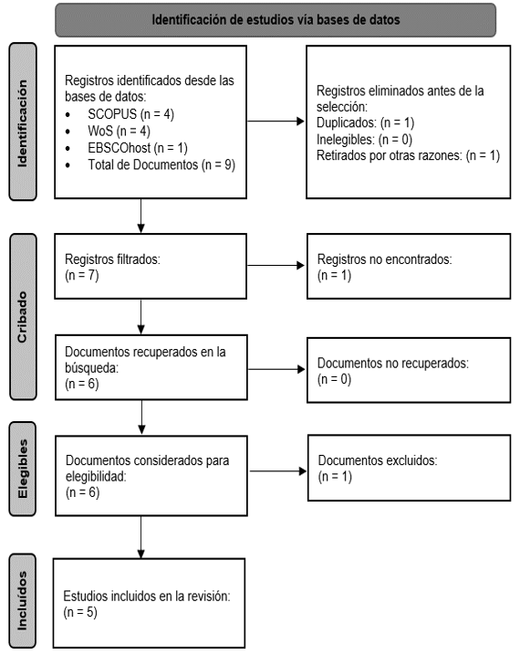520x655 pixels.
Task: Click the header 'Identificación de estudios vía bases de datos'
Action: click(276, 19)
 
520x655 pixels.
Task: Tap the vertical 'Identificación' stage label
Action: click(23, 123)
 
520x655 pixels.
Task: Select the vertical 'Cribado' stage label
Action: click(22, 317)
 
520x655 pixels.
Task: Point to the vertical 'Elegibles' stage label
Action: click(23, 469)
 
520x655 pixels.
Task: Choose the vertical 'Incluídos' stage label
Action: click(22, 601)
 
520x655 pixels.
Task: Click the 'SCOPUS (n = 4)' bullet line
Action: click(130, 114)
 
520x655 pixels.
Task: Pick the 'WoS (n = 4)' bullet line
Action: click(119, 132)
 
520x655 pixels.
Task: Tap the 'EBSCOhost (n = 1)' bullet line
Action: click(138, 148)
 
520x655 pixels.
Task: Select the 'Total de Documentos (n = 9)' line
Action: click(161, 165)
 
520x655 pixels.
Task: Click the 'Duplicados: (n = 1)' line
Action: click(365, 122)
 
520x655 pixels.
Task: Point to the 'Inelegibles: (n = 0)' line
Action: click(365, 140)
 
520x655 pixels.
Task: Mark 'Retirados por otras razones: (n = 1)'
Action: click(408, 156)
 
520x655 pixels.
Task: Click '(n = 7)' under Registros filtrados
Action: click(82, 276)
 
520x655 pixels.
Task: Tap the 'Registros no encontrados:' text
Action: click(384, 259)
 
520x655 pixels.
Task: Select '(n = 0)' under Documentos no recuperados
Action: click(335, 379)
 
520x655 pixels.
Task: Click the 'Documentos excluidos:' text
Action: click(378, 460)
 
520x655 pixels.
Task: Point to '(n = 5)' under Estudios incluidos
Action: click(80, 612)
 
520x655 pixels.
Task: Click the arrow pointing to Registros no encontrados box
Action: click(276, 265)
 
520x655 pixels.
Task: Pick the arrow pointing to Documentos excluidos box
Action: click(277, 471)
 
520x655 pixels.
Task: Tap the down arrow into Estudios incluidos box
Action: click(140, 537)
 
